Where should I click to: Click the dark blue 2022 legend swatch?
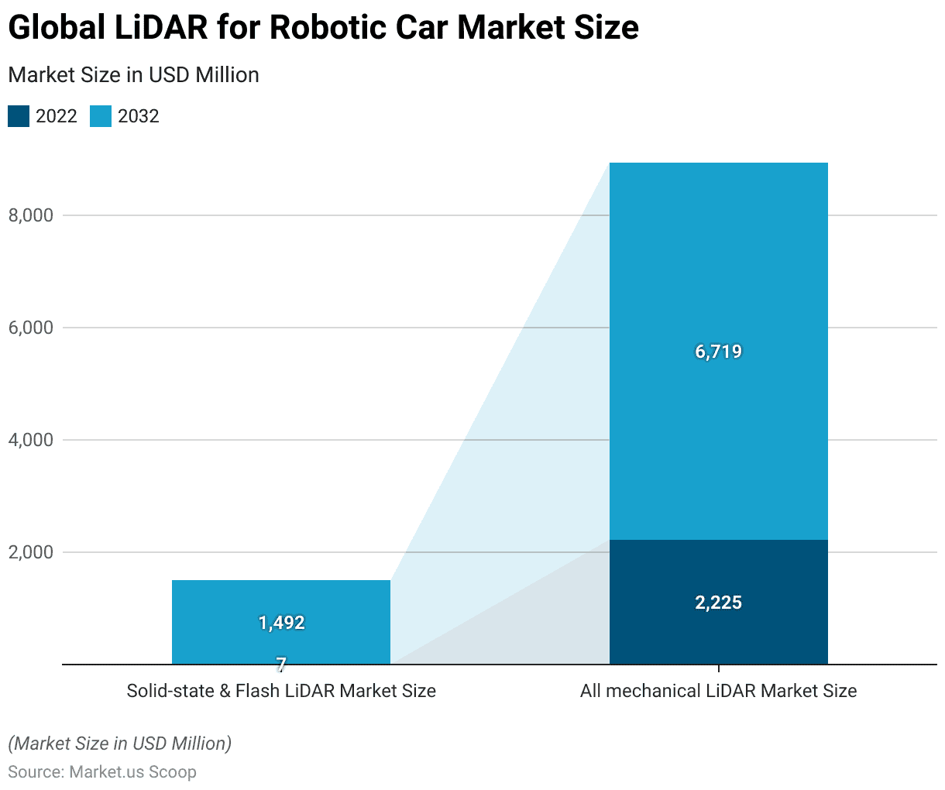(19, 116)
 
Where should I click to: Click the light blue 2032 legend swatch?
(101, 116)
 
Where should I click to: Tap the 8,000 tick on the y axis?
(31, 215)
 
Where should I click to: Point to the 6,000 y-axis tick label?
(31, 328)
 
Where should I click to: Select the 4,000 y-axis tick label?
(31, 440)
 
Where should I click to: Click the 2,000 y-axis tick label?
(31, 552)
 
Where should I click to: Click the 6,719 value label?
(718, 352)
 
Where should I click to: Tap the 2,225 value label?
(718, 603)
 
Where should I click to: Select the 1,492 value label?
(281, 623)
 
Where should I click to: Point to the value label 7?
(281, 664)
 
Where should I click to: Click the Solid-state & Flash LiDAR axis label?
(281, 691)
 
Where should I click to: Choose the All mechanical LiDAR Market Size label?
(718, 691)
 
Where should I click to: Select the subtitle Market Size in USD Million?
(133, 75)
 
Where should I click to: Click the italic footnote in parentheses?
(119, 744)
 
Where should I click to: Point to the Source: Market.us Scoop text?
(102, 772)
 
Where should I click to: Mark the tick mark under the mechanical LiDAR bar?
(719, 668)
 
